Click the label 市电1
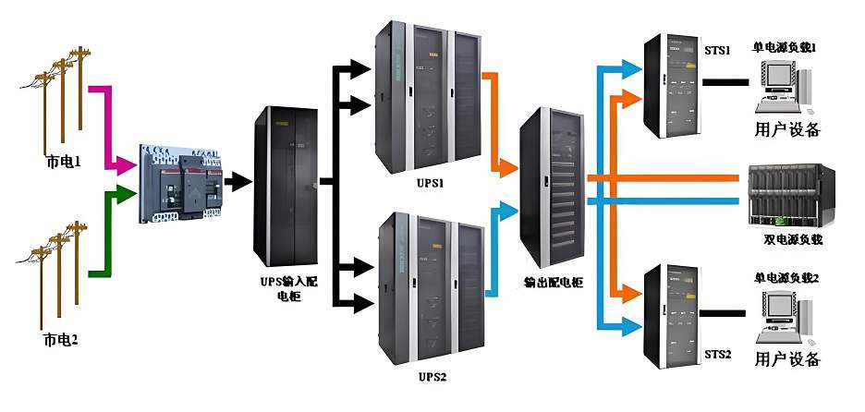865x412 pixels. (x=62, y=163)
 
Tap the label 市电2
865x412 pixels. (x=60, y=340)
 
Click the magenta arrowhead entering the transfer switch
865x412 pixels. (x=127, y=164)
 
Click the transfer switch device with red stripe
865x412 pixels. (x=181, y=184)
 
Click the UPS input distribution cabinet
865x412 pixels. (x=286, y=186)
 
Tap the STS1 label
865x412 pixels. (x=717, y=51)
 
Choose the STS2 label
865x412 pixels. (x=718, y=354)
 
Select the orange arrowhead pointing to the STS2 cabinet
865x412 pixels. (x=631, y=292)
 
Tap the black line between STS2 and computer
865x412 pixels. (x=722, y=313)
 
